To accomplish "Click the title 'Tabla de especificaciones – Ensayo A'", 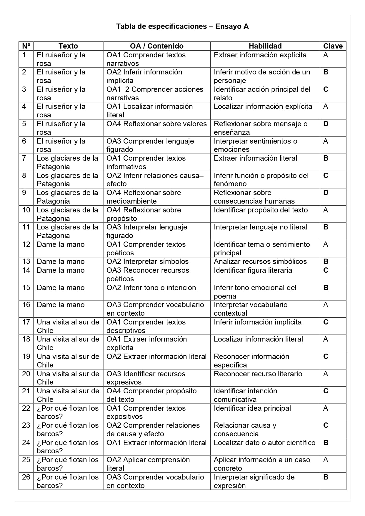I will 182,26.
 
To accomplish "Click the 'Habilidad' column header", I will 265,46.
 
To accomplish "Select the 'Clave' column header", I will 333,46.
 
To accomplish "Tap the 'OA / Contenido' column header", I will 156,46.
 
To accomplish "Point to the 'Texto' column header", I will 68,46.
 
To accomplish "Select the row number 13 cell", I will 26,262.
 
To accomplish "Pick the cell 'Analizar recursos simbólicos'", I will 260,262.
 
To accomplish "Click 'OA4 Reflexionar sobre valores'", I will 156,124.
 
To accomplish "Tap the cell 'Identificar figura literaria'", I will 253,270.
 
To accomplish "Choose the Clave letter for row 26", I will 326,477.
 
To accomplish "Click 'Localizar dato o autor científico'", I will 264,443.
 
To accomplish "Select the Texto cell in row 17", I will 68,326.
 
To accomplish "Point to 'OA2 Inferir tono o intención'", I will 151,288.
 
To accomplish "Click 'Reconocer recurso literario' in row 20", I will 258,374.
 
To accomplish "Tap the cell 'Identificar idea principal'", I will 252,408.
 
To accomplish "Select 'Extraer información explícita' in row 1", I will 260,55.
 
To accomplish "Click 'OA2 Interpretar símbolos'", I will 147,262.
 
